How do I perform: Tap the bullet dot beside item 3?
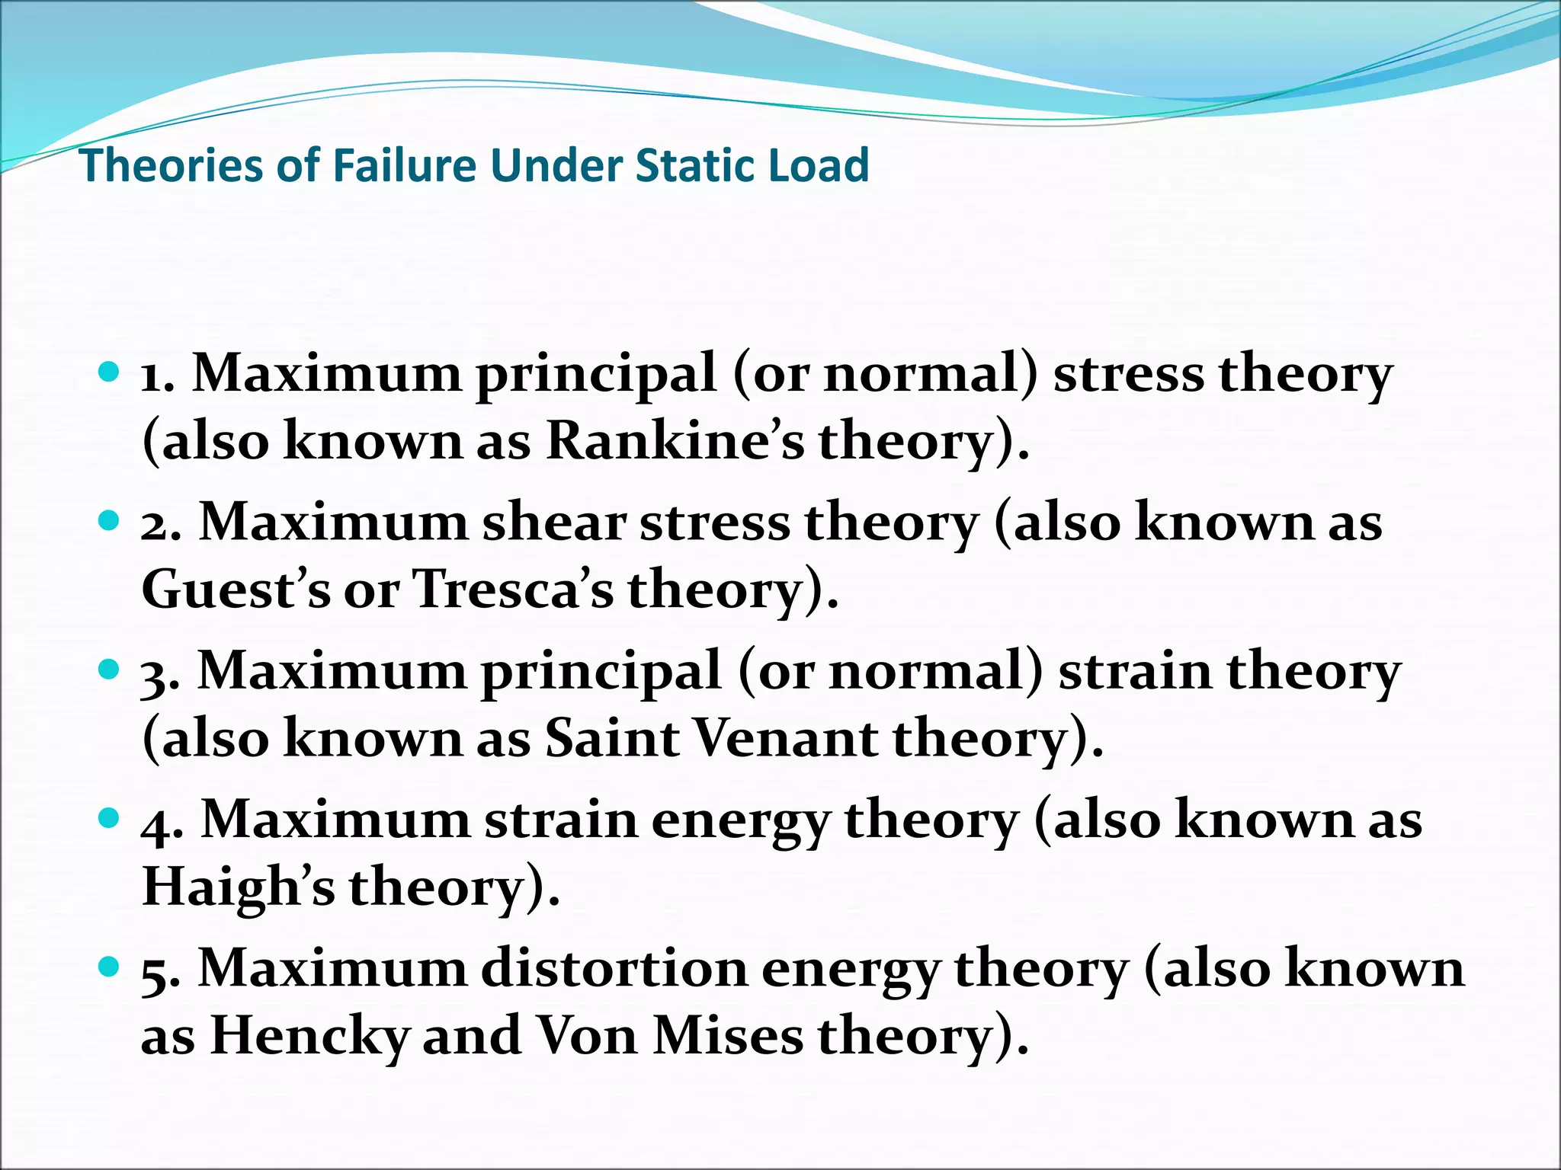[110, 670]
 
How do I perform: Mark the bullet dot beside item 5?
[110, 967]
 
